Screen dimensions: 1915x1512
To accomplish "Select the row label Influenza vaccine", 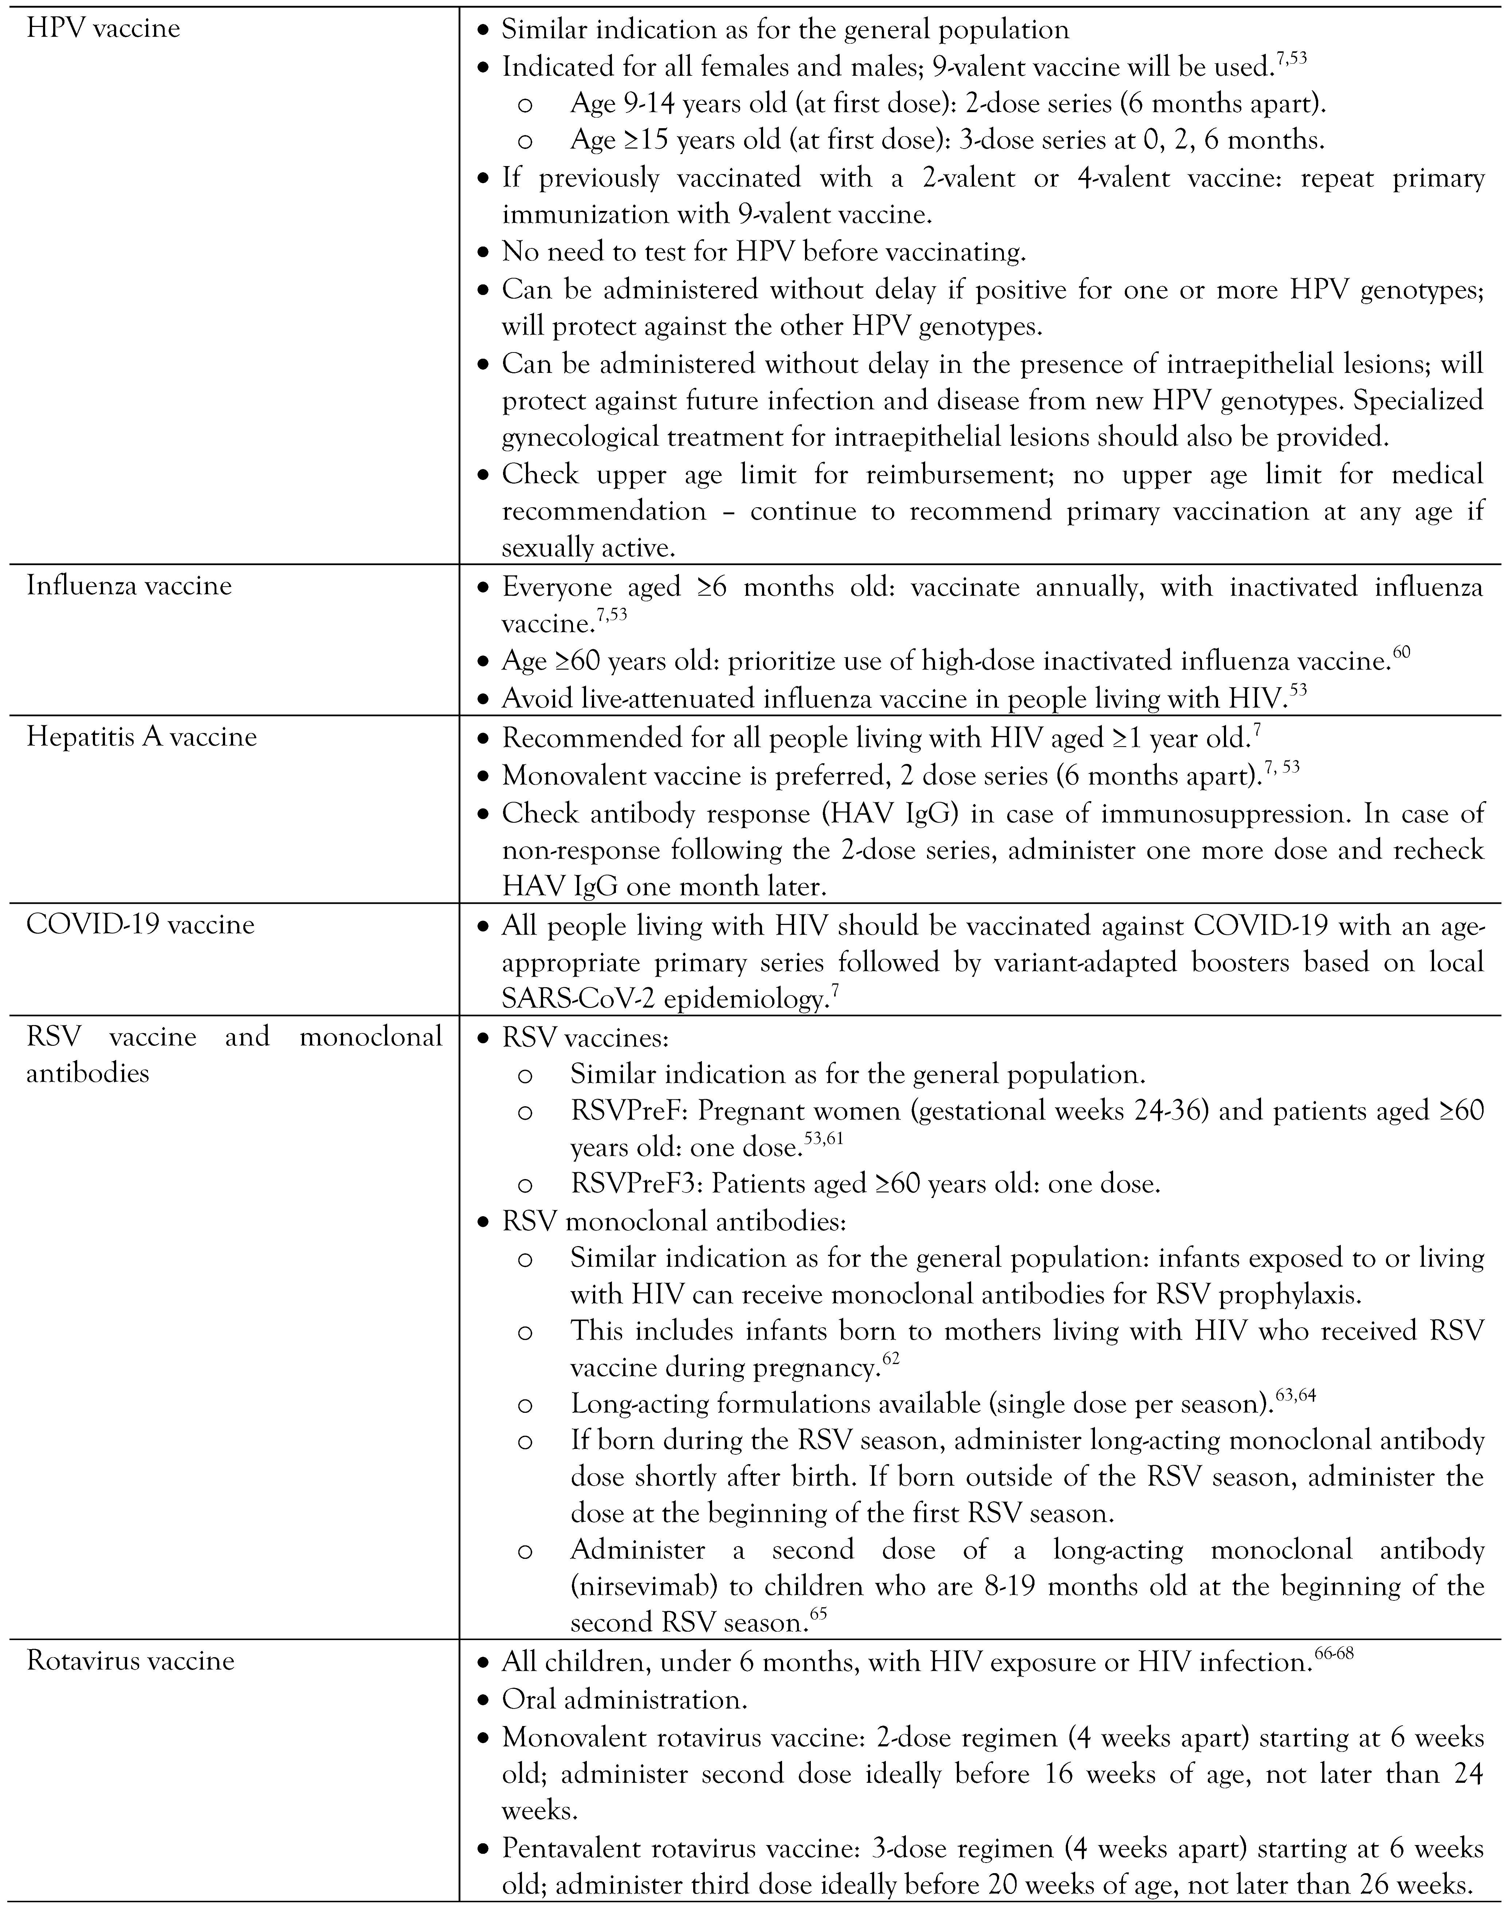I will pyautogui.click(x=129, y=586).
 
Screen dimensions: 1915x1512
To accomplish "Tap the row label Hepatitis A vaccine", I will pyautogui.click(x=142, y=737).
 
